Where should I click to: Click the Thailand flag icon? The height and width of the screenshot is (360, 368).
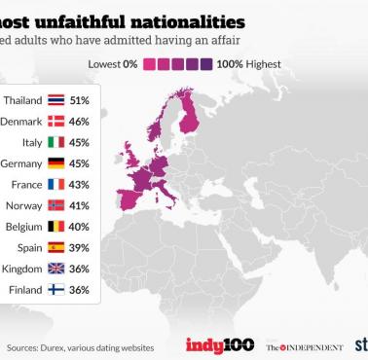click(55, 100)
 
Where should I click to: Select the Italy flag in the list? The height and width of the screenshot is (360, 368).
click(55, 142)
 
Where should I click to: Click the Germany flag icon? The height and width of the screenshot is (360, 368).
click(55, 162)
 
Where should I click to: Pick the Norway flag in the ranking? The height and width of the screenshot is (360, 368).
click(55, 205)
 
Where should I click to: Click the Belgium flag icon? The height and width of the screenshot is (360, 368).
click(55, 226)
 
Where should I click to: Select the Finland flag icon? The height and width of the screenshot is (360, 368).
click(55, 289)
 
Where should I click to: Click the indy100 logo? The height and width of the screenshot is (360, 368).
click(219, 345)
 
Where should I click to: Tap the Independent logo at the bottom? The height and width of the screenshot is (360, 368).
click(304, 346)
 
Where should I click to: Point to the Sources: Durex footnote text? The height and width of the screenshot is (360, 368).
click(68, 347)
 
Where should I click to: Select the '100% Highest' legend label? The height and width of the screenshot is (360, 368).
click(248, 64)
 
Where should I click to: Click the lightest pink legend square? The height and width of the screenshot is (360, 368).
click(151, 64)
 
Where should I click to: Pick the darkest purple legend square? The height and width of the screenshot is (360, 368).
click(206, 64)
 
